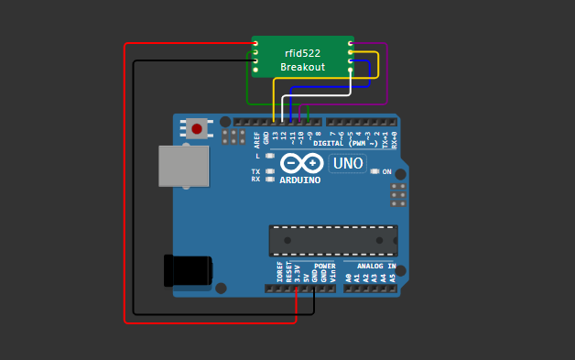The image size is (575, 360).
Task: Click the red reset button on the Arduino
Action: click(x=197, y=128)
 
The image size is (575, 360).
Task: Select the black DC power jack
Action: click(x=188, y=272)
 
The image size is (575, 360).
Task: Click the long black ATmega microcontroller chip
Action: click(x=333, y=240)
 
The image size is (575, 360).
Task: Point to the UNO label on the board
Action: click(x=347, y=164)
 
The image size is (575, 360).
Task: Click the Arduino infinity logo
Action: click(x=301, y=164)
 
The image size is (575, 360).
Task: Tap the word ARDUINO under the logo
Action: click(x=300, y=180)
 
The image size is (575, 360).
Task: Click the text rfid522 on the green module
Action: click(x=302, y=54)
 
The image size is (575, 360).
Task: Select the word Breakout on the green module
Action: click(x=302, y=68)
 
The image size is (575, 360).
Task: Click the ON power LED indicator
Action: click(x=375, y=171)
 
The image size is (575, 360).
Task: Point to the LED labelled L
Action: click(x=270, y=157)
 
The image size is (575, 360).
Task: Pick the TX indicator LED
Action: click(x=270, y=171)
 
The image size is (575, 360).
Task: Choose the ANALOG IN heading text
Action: click(x=370, y=266)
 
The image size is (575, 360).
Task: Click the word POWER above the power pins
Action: click(x=312, y=266)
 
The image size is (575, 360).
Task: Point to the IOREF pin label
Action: click(x=280, y=271)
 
